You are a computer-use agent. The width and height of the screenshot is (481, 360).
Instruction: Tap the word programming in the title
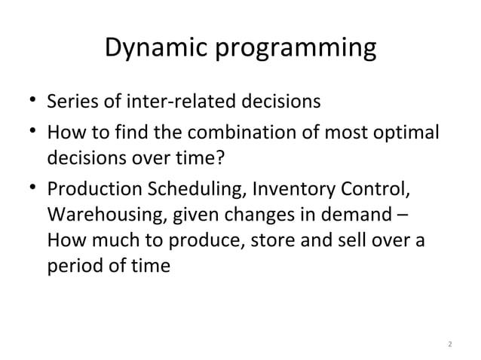point(297,50)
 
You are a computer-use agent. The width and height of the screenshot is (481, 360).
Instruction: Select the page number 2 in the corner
point(449,344)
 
